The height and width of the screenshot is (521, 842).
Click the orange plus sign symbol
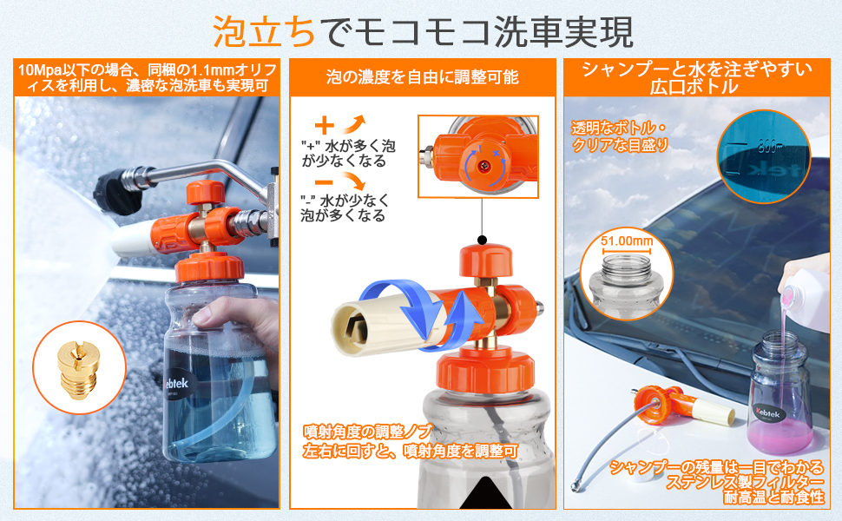click(x=324, y=124)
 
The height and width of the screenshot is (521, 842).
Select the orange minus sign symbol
click(x=323, y=182)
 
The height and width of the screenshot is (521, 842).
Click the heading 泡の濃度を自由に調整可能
click(x=422, y=77)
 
